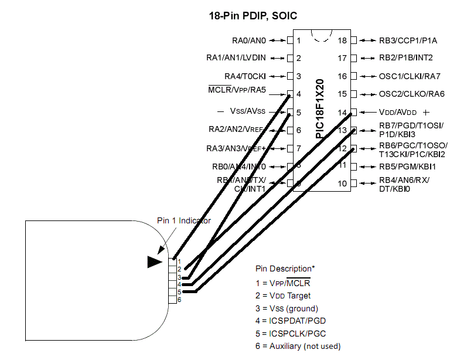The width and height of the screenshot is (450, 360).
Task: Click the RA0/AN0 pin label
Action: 249,40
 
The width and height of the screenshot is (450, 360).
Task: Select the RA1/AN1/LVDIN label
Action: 236,58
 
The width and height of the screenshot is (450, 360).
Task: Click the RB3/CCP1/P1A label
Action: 404,40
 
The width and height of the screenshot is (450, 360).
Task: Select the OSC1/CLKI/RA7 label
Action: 409,76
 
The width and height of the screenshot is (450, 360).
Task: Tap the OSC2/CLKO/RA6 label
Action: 411,94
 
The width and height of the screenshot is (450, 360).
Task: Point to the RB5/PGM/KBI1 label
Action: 407,167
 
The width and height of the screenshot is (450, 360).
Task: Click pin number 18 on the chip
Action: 342,40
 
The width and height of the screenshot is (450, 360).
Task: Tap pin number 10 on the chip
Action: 342,184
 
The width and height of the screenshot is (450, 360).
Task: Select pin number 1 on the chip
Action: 299,40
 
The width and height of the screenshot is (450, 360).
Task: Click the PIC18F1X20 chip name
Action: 320,109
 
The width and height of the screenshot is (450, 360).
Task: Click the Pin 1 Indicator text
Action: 184,220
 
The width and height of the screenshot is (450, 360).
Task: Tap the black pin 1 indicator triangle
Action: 155,261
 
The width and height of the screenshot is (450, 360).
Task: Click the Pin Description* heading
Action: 285,269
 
